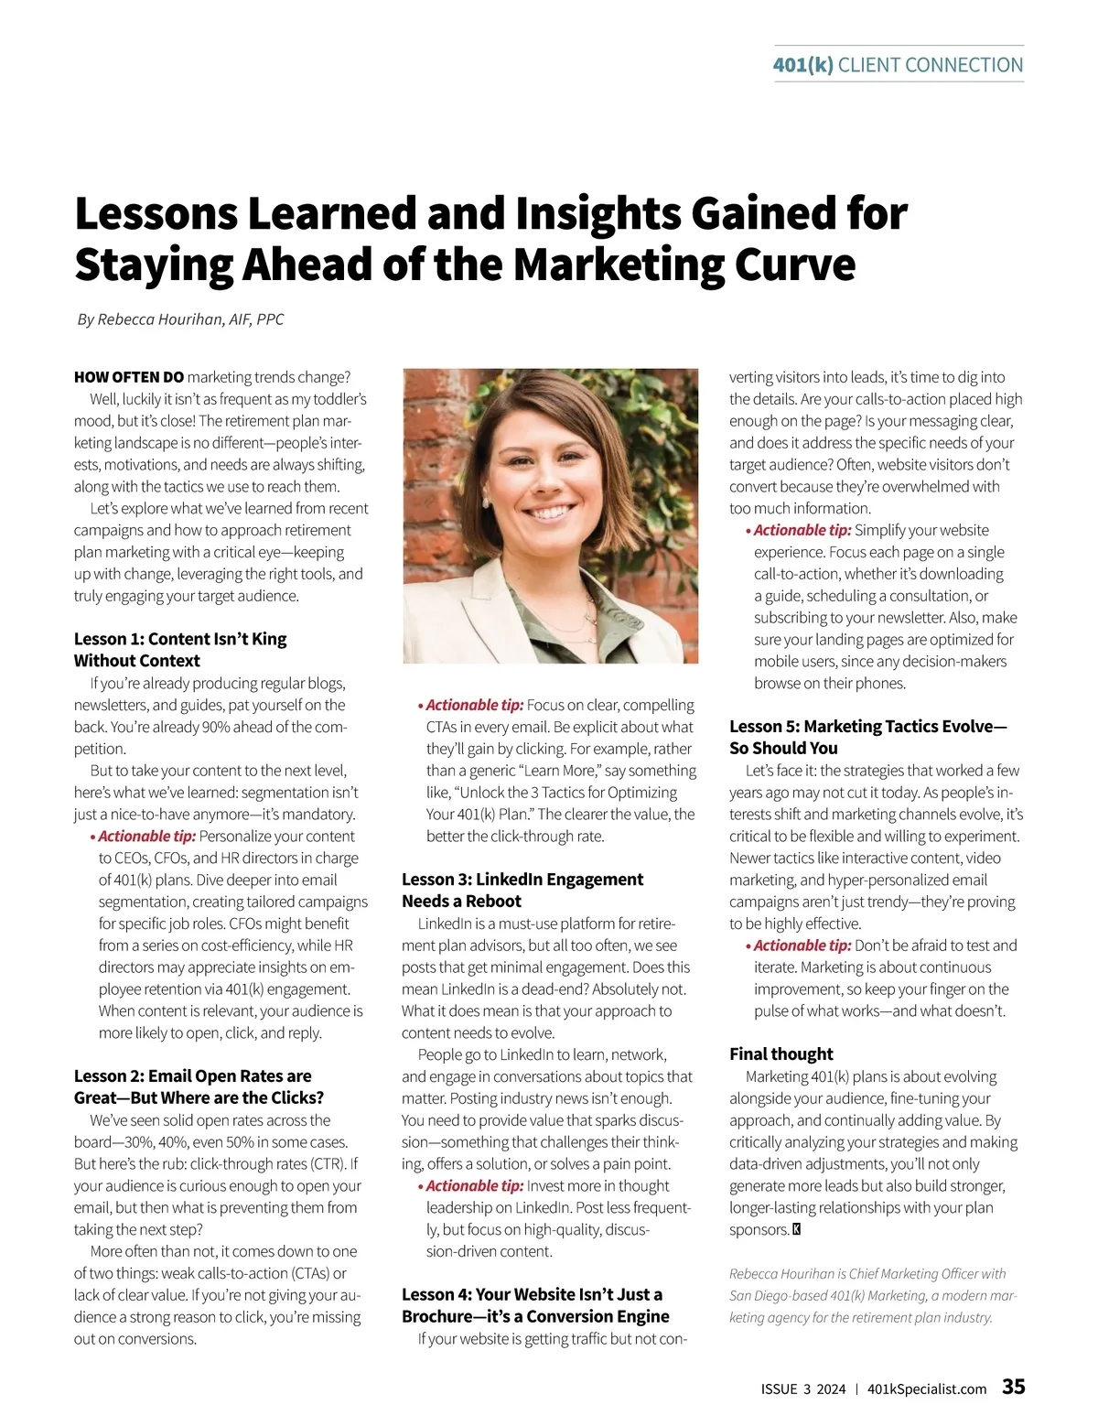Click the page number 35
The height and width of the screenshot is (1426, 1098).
1013,1387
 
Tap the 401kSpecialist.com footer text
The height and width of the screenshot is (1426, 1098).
926,1389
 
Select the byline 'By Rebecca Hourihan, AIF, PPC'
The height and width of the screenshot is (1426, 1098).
181,319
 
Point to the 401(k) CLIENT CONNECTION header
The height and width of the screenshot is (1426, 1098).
898,65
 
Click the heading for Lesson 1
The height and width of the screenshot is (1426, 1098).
180,650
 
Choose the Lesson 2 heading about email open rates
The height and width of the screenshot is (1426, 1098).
199,1086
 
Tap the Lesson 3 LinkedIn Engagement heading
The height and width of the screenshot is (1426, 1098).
522,890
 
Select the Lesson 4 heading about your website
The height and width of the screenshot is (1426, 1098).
535,1305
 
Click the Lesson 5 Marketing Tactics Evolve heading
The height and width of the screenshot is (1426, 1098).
867,737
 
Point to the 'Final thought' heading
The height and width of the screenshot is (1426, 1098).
780,1053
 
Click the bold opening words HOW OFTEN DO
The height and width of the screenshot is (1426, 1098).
129,377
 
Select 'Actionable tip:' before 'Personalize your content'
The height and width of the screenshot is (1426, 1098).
147,836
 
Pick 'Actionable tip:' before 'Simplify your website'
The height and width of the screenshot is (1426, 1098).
802,530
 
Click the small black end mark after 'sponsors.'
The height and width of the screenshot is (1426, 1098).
796,1229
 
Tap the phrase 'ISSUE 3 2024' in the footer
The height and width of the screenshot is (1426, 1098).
803,1389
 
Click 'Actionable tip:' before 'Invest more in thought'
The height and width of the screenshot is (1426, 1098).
475,1185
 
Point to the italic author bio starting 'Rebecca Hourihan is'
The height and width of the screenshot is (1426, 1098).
873,1295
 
